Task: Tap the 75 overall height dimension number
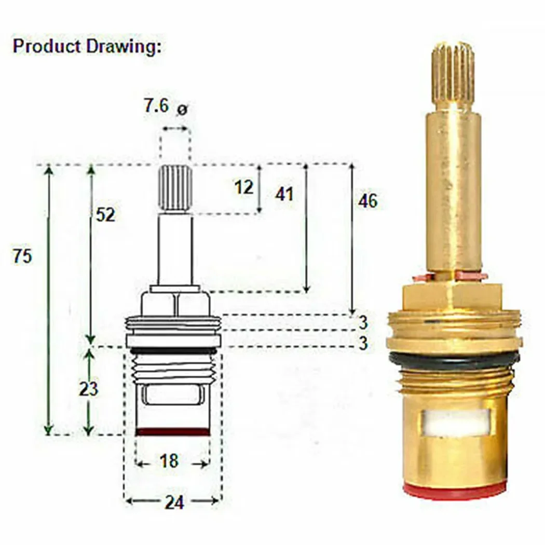pyautogui.click(x=22, y=256)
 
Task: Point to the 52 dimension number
pyautogui.click(x=105, y=214)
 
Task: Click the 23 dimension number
pyautogui.click(x=89, y=388)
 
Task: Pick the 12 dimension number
pyautogui.click(x=243, y=187)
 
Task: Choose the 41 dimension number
pyautogui.click(x=284, y=194)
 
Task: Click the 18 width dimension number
pyautogui.click(x=169, y=460)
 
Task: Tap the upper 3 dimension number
pyautogui.click(x=363, y=322)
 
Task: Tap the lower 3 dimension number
pyautogui.click(x=363, y=343)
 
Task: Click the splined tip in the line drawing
pyautogui.click(x=174, y=187)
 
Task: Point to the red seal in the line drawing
pyautogui.click(x=173, y=431)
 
